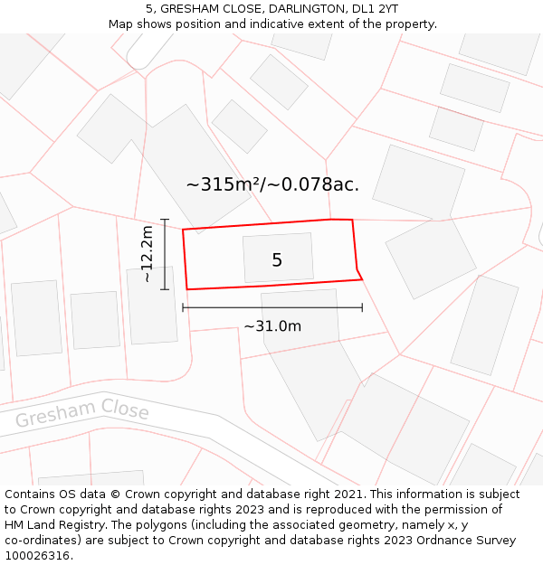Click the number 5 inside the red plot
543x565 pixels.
pyautogui.click(x=277, y=260)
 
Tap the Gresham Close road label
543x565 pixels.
pyautogui.click(x=82, y=415)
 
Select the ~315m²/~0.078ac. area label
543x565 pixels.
pyautogui.click(x=272, y=184)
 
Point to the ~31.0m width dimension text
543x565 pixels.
pyautogui.click(x=272, y=326)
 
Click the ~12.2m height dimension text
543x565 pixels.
pyautogui.click(x=148, y=254)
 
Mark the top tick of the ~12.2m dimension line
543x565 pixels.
pyautogui.click(x=165, y=219)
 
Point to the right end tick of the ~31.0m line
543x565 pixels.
pyautogui.click(x=362, y=307)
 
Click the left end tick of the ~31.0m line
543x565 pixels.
pyautogui.click(x=183, y=307)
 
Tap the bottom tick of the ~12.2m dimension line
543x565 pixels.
pyautogui.click(x=165, y=289)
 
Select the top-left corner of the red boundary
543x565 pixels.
pyautogui.click(x=183, y=230)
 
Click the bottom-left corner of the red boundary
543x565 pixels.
pyautogui.click(x=187, y=289)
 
